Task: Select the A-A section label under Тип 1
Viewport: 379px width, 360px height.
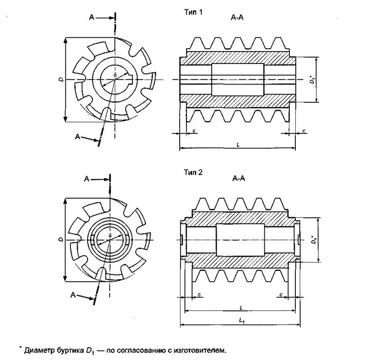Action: coord(237,18)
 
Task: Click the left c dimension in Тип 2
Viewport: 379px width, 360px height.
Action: coord(199,294)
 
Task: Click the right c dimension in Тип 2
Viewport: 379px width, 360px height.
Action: coord(281,294)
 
